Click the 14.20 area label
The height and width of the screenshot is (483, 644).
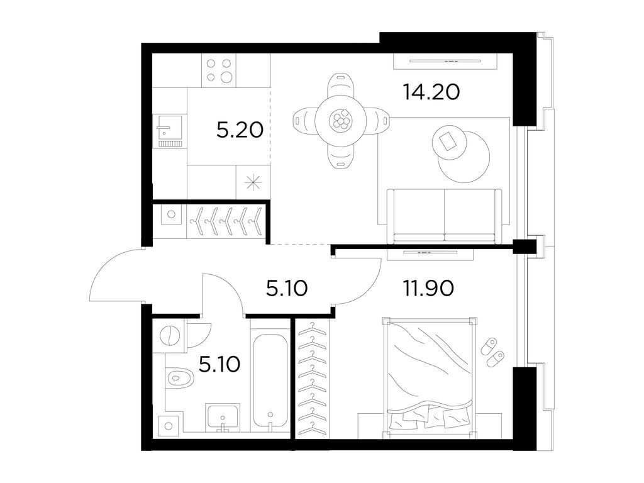431,92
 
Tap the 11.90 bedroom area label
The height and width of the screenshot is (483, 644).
428,288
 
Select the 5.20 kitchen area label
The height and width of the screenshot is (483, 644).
240,130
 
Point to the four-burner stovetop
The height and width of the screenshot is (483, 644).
219,70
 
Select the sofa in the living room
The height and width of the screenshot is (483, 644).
445,216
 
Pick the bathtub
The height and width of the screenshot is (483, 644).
270,381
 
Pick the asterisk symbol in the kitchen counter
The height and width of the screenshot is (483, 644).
253,182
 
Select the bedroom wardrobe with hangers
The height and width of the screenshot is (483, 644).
312,379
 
